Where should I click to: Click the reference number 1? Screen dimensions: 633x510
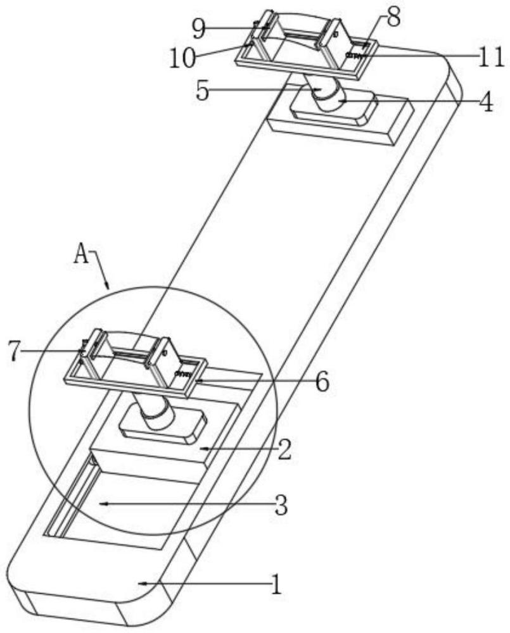(x=276, y=584)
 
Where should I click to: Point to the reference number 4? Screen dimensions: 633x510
(x=485, y=103)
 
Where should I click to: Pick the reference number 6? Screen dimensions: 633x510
(x=322, y=382)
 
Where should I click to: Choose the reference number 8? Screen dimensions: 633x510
(x=393, y=18)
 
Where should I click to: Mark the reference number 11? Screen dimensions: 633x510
(x=492, y=59)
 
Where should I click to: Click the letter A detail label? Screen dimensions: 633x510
(x=82, y=254)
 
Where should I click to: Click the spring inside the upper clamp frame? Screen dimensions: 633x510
(x=354, y=56)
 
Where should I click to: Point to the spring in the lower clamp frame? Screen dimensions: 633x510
(x=183, y=375)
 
